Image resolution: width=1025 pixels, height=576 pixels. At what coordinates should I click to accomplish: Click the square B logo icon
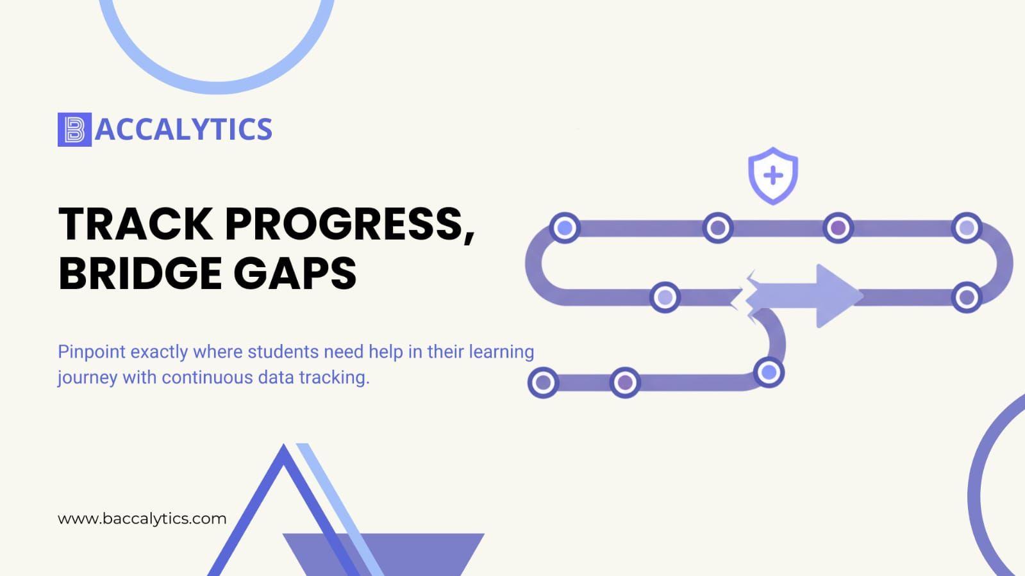pos(74,129)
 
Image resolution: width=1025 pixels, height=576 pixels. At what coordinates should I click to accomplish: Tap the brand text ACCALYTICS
pos(183,129)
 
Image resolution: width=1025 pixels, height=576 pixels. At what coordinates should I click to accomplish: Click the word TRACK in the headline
pos(136,224)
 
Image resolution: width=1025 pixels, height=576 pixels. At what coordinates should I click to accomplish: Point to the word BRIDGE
pos(140,274)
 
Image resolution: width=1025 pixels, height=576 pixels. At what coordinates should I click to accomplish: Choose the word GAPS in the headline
pos(295,274)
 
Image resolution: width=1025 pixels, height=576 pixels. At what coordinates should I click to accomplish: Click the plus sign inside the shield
pos(773,176)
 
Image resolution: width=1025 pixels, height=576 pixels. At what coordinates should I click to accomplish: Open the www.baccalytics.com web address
pos(142,519)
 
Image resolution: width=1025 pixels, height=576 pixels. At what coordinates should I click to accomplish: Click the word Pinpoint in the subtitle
pos(92,352)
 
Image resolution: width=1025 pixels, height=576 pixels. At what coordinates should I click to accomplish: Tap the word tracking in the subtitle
pos(334,378)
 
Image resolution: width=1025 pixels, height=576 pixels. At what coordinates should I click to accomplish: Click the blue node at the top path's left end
pos(565,227)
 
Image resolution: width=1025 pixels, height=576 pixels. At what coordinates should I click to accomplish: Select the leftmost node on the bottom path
pos(543,383)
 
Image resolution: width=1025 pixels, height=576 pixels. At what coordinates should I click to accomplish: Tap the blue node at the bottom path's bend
pos(769,372)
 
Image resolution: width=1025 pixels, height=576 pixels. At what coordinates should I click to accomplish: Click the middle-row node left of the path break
pos(665,297)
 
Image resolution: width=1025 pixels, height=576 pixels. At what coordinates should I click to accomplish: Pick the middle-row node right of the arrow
pos(967,297)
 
